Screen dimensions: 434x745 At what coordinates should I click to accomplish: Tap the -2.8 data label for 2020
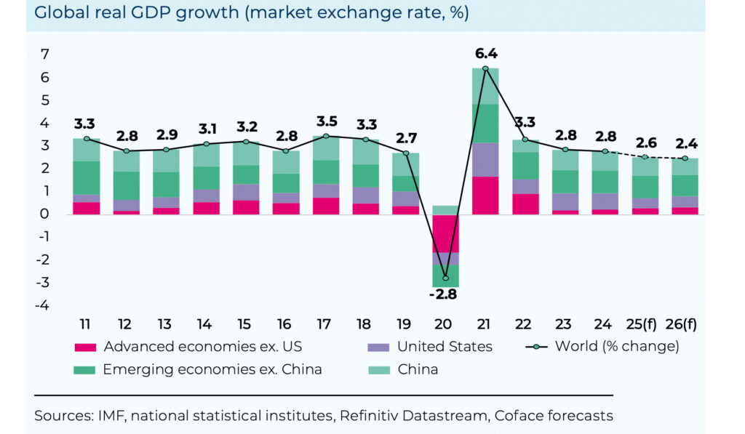tap(445, 294)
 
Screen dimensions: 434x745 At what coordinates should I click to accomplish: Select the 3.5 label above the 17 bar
tap(325, 121)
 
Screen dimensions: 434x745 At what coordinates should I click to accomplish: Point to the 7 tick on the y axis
tap(45, 55)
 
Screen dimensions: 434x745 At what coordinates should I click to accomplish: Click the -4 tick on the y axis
tap(43, 305)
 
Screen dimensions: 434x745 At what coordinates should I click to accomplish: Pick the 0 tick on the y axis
tap(45, 214)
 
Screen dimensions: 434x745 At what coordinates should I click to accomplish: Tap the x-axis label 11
tap(86, 321)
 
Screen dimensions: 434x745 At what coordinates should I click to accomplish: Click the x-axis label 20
tap(445, 321)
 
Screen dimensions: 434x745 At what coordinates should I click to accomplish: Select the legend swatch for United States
tap(380, 347)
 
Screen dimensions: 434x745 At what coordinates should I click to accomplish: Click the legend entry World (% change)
tap(616, 346)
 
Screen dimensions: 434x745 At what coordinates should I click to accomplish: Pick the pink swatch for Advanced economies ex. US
tap(86, 347)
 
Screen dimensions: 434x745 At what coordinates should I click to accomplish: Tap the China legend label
tap(418, 369)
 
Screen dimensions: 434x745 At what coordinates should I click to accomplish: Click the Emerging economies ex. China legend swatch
tap(86, 369)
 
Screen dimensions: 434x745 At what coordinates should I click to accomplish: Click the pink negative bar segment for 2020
tap(445, 233)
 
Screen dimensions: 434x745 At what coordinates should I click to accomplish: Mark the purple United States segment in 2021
tap(485, 159)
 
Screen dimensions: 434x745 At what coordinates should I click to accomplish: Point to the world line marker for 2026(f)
tap(685, 158)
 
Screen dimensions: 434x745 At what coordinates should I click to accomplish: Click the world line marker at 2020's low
tap(445, 278)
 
